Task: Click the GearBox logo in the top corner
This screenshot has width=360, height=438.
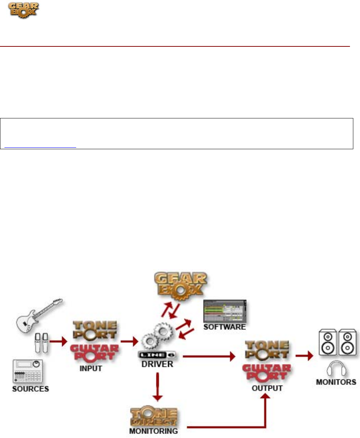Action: (x=23, y=10)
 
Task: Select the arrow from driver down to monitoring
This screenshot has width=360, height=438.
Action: (x=159, y=386)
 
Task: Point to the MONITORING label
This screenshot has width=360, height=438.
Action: (x=154, y=431)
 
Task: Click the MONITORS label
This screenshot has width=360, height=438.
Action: (x=336, y=382)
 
